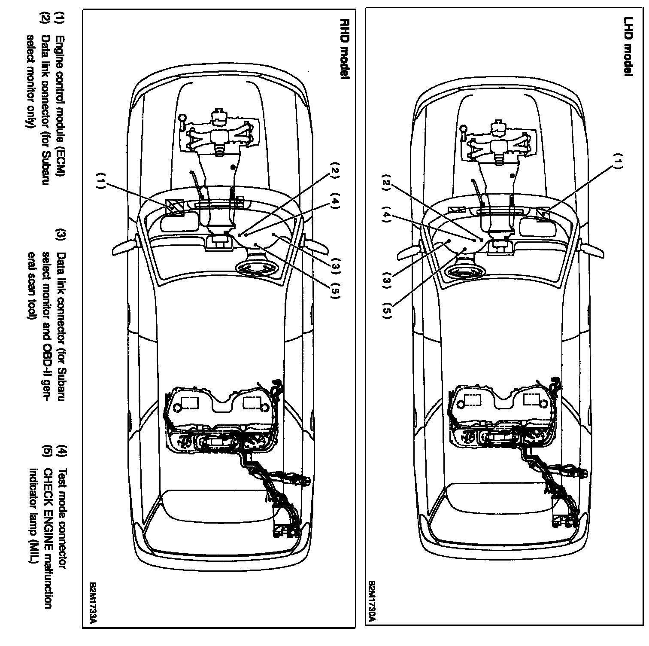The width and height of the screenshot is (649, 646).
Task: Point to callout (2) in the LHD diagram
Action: [x=386, y=183]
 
